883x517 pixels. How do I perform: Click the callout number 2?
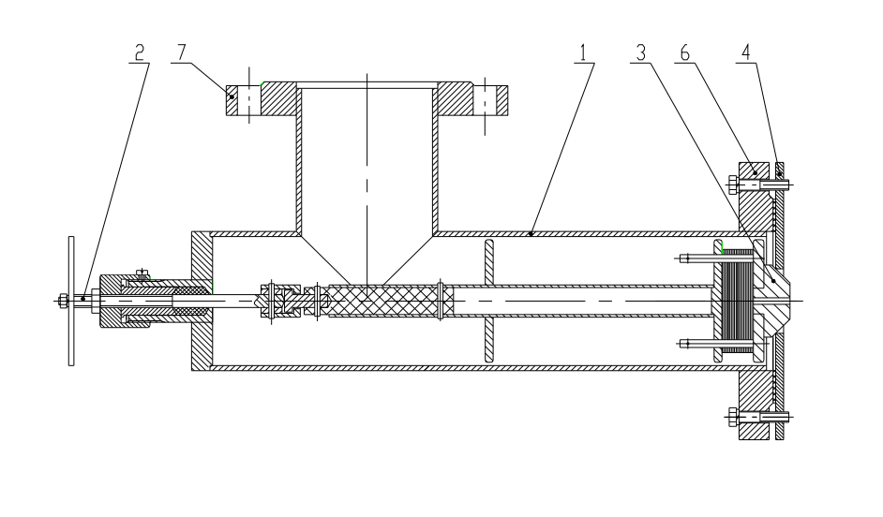(x=139, y=53)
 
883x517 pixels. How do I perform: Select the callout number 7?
(x=179, y=53)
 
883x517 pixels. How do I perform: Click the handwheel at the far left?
(x=72, y=300)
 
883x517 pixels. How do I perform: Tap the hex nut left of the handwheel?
(x=60, y=300)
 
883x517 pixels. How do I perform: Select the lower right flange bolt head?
(x=731, y=415)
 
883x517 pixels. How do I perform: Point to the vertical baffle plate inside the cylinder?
(x=487, y=300)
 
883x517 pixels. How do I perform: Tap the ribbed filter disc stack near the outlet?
(x=739, y=300)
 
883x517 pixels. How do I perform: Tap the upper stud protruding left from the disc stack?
(x=694, y=258)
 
